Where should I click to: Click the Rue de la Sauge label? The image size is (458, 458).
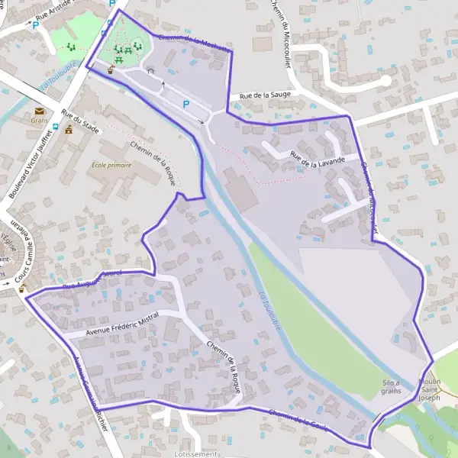click(x=264, y=95)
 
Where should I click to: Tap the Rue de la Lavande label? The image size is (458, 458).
click(x=317, y=159)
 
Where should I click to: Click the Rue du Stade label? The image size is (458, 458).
click(x=80, y=123)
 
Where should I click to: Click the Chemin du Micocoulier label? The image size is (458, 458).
click(x=280, y=34)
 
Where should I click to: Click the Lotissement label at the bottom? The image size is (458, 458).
click(x=196, y=453)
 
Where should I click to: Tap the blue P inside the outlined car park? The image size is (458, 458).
click(x=185, y=103)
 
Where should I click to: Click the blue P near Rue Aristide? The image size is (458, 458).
click(x=35, y=25)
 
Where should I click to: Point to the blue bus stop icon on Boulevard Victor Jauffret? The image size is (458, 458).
click(x=105, y=33)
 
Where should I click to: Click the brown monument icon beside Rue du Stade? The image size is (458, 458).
click(x=69, y=130)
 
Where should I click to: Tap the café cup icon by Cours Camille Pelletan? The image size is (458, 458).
click(x=22, y=289)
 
